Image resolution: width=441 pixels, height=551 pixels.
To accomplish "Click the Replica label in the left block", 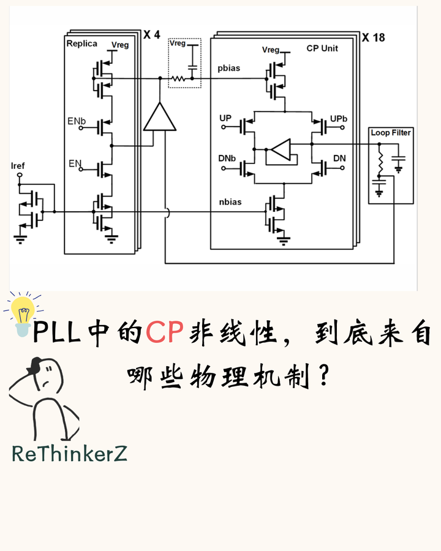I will pyautogui.click(x=81, y=44).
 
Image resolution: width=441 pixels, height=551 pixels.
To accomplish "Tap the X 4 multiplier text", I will pyautogui.click(x=151, y=35).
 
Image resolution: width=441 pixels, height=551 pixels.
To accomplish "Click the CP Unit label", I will pyautogui.click(x=322, y=48).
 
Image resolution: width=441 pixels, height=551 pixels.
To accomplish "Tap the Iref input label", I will pyautogui.click(x=18, y=165).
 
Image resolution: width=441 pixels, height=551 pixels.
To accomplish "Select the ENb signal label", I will pyautogui.click(x=76, y=122).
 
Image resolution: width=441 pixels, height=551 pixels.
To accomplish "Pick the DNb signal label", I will pyautogui.click(x=227, y=159).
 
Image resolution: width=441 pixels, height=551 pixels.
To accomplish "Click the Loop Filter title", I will pyautogui.click(x=391, y=132).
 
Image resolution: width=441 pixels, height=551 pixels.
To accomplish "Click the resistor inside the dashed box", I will pyautogui.click(x=178, y=78).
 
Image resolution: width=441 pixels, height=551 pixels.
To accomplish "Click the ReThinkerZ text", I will pyautogui.click(x=69, y=454).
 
